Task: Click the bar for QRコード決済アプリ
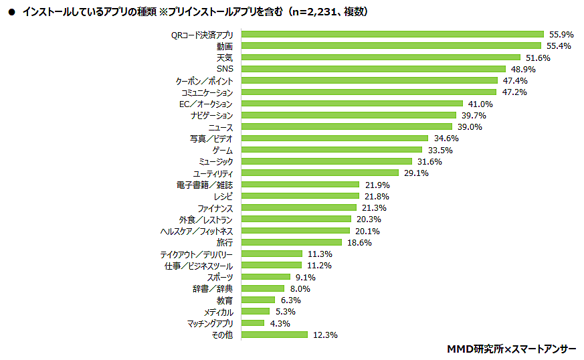pos(392,34)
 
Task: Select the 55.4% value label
pos(558,46)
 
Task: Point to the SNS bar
pos(373,69)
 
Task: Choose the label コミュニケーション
pos(207,92)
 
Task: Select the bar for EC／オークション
pos(352,104)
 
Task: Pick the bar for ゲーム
pos(332,150)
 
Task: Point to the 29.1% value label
pos(415,173)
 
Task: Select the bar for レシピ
pos(300,196)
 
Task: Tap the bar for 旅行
pos(292,242)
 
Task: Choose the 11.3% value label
pos(320,254)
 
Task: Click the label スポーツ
pos(219,277)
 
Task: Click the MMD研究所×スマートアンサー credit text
pos(512,349)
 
